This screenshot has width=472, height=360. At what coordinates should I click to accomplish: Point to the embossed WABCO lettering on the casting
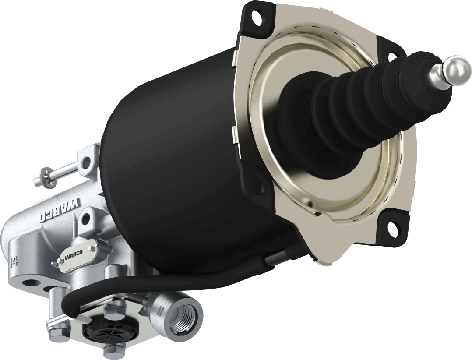coord(61,209)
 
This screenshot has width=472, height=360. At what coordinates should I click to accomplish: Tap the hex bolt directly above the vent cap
coord(113,314)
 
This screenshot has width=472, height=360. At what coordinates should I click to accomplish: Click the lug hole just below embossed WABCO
coord(86,216)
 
